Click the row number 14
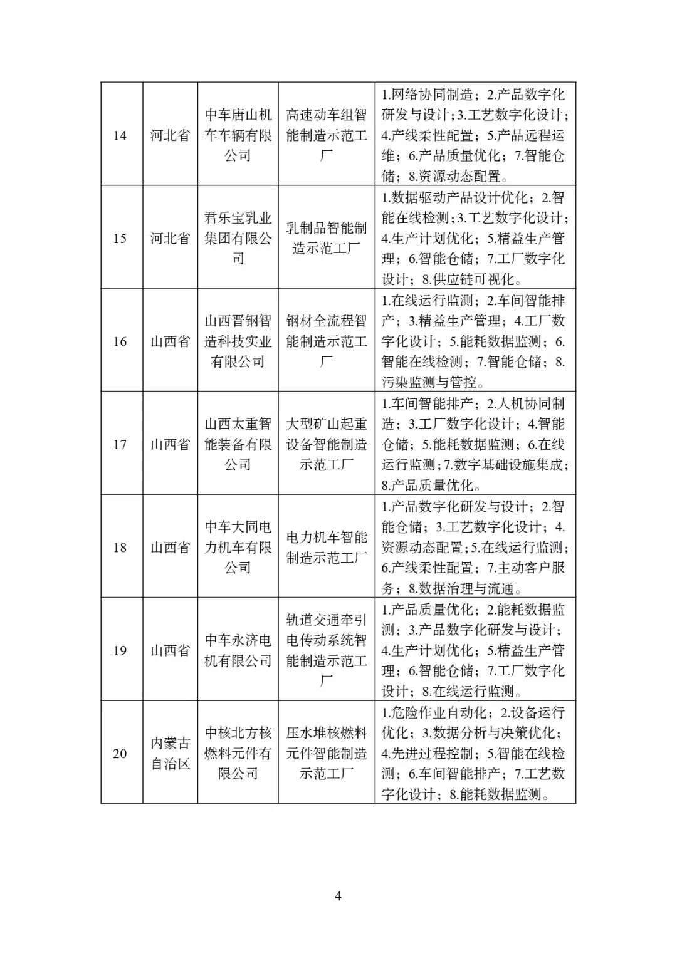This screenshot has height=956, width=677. pos(120,135)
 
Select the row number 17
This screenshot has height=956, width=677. pos(120,445)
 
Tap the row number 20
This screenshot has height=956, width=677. pos(120,754)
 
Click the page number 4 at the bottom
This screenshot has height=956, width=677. pos(338,896)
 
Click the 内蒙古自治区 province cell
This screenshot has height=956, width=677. pos(171,754)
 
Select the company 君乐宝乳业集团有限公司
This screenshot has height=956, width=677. pos(238,238)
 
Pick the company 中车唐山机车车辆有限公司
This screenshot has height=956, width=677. pos(238,135)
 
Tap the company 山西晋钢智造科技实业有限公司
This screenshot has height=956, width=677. pos(238,341)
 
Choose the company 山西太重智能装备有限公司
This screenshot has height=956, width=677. pos(238,445)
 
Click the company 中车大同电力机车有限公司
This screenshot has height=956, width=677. pos(238,548)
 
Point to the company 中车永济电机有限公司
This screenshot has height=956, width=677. pos(238,650)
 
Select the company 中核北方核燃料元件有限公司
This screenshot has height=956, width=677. pos(238,754)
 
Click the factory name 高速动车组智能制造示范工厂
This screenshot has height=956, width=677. pos(327,135)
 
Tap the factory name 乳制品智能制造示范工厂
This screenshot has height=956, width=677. pos(327,238)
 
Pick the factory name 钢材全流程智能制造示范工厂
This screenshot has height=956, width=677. pos(327,341)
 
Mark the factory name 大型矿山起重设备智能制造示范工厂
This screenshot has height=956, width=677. pos(327,445)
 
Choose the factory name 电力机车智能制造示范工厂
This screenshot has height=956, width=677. pos(327,548)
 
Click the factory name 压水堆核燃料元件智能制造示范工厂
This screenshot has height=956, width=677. pos(327,754)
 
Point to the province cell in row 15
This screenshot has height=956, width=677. pos(171,239)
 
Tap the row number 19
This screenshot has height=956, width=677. pos(120,651)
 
